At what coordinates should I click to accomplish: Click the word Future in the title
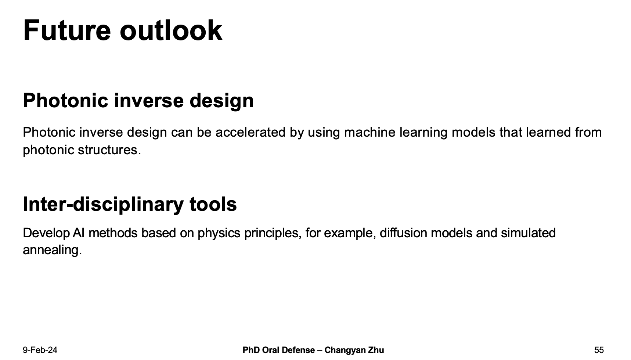click(67, 30)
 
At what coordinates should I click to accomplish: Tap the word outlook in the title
click(171, 30)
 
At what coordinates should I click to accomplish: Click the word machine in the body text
click(369, 132)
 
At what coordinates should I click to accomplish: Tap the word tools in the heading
click(213, 204)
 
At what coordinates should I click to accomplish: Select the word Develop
click(46, 233)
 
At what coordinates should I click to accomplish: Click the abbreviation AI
click(79, 233)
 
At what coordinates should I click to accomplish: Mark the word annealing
click(52, 250)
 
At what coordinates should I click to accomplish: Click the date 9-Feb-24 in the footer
click(40, 350)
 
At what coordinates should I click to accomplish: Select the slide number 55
click(599, 350)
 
